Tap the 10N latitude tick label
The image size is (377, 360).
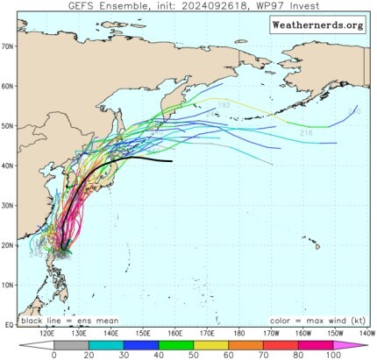tap(8, 285)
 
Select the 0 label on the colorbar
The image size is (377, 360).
tap(54, 355)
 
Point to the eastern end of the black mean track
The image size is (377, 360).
tap(171, 161)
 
